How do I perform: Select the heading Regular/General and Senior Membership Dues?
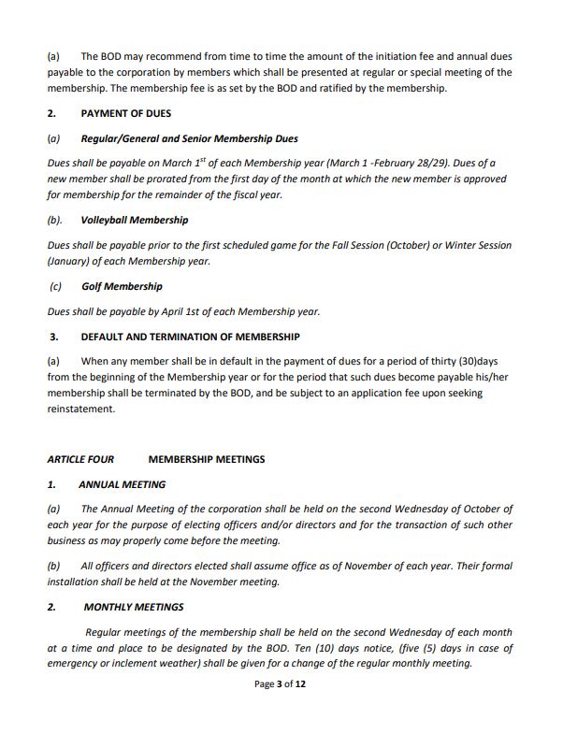189,139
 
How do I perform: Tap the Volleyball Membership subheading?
134,221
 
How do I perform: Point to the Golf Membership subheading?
122,287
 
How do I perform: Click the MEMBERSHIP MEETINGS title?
206,460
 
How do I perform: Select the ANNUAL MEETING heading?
122,485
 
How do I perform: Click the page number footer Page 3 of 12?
281,684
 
